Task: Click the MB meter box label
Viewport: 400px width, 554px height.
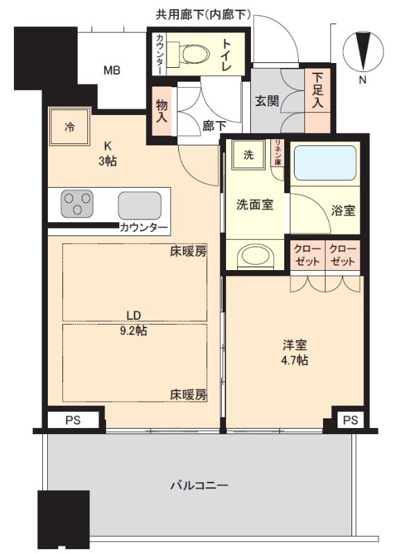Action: [x=112, y=71]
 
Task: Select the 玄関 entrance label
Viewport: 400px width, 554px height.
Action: [x=267, y=101]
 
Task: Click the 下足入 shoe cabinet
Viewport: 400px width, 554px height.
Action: [x=318, y=100]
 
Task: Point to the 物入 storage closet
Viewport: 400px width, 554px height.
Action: [x=162, y=111]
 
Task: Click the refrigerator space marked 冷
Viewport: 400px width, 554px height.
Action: [x=69, y=127]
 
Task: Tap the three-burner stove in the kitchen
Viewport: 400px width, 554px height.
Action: [x=77, y=204]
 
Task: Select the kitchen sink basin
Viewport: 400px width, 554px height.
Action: [x=140, y=206]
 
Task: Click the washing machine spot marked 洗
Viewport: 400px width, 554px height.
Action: [x=248, y=154]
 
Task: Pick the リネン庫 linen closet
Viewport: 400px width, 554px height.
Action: [x=277, y=152]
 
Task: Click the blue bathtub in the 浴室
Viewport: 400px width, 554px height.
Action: [x=324, y=163]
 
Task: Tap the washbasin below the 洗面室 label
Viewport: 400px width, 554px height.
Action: [x=256, y=256]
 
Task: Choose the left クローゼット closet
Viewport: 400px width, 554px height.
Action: [x=307, y=256]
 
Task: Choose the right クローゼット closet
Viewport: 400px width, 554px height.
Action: [x=342, y=256]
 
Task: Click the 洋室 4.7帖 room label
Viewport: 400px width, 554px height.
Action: [x=295, y=352]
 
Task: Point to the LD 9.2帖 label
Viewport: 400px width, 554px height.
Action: [x=133, y=323]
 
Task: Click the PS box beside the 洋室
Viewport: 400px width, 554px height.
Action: [x=351, y=420]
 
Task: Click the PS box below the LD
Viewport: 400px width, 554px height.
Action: [x=73, y=420]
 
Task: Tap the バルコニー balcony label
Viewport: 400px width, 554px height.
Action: [x=200, y=485]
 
